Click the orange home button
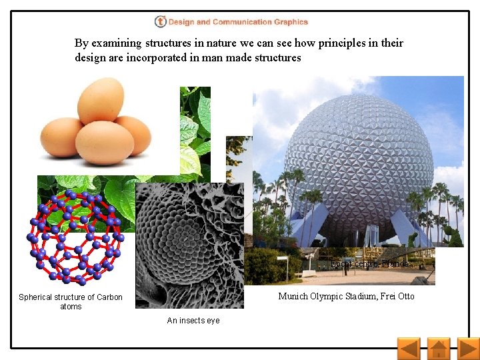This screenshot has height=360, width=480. pos(438,349)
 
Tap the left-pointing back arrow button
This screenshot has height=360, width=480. pos(408,349)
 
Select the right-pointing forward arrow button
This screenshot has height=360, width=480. pos(468,349)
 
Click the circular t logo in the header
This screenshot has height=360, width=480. pos(160,22)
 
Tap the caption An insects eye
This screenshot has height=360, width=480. pos(193,321)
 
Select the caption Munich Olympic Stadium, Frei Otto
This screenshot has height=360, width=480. pos(346,296)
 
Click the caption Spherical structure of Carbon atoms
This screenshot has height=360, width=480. pos(71,301)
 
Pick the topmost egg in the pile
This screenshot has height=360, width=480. pos(100,99)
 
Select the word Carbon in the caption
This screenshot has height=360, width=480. pos(109,297)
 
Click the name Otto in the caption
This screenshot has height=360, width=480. pos(404,296)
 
